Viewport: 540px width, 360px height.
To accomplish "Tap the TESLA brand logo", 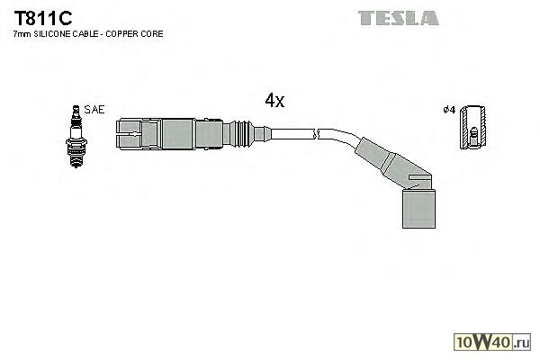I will [398, 17].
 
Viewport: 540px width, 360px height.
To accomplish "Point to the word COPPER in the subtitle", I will [127, 33].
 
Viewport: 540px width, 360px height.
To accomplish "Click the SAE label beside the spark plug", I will [94, 109].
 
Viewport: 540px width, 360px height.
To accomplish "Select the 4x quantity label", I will [274, 101].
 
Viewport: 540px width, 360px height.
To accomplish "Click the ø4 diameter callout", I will [448, 111].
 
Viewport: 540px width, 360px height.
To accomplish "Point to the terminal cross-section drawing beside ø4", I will [472, 129].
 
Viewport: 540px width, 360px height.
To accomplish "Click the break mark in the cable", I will [314, 136].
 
